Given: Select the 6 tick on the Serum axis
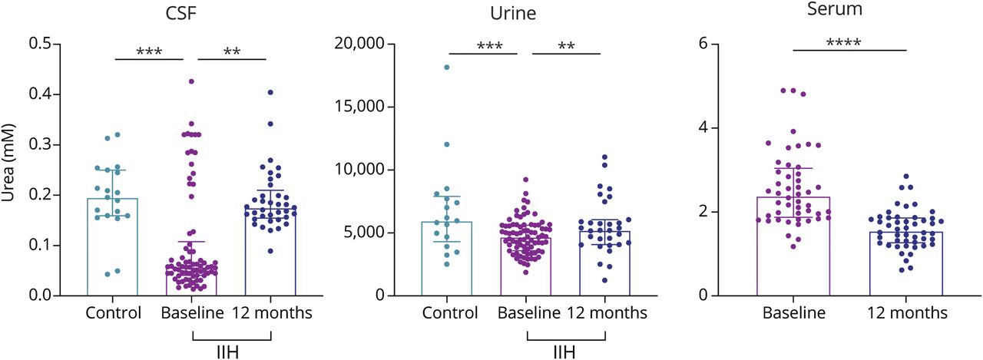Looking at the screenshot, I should [x=701, y=44].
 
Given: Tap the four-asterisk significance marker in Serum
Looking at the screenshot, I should [x=849, y=44].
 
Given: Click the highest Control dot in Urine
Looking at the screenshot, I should [x=447, y=68].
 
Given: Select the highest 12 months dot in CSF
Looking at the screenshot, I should [x=270, y=92].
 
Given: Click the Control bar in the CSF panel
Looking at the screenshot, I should [x=113, y=246].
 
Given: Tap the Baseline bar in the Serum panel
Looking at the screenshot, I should [x=793, y=246].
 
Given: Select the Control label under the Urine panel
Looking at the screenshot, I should [x=449, y=313].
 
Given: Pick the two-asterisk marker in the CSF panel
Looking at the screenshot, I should [x=232, y=52].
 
